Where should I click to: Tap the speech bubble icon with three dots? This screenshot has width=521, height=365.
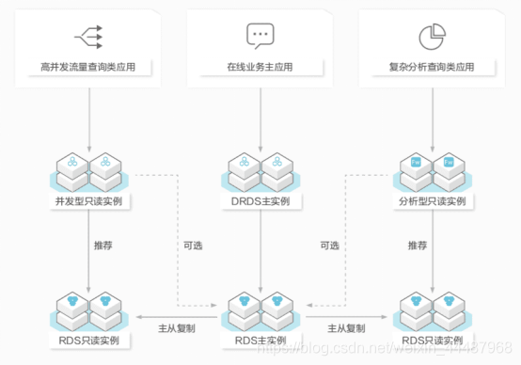pos(260,37)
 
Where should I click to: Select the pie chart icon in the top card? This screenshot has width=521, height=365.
pos(431,37)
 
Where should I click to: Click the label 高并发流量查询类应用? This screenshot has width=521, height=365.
pos(88,68)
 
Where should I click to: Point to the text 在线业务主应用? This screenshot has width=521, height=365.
pos(260,68)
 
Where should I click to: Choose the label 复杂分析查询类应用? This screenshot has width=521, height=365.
pos(431,68)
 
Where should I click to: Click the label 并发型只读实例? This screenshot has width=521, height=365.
pos(88,202)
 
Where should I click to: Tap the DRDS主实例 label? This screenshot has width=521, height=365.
pos(260,202)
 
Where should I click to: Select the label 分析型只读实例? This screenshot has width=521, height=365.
pos(431,202)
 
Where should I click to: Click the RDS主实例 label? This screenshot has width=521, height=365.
pos(260,340)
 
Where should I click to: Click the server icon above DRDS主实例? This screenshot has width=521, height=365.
pos(260,169)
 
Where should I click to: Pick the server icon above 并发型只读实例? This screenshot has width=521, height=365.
pos(88,169)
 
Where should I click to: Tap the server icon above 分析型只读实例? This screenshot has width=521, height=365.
pos(431,169)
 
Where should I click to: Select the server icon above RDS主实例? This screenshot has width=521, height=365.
pos(260,308)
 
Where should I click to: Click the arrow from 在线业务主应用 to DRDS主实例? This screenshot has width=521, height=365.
pos(260,118)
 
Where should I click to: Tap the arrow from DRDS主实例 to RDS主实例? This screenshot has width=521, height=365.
pos(260,249)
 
